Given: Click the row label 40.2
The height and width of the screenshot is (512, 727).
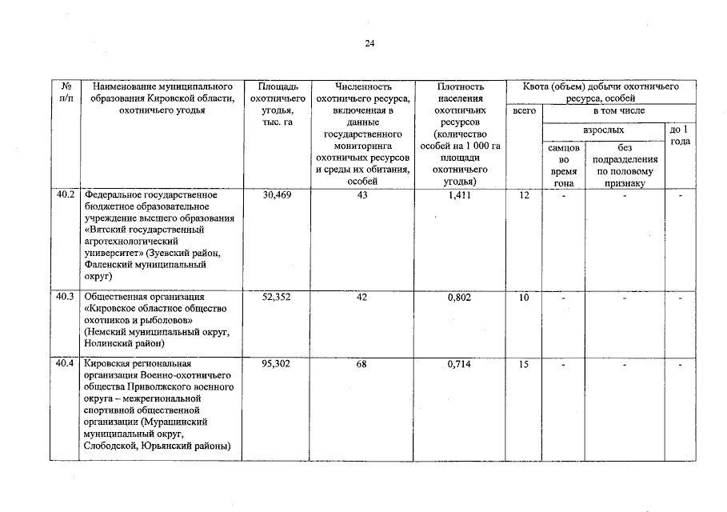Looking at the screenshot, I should pos(65,194).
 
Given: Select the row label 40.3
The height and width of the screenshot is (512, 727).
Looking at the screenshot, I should pos(65,298).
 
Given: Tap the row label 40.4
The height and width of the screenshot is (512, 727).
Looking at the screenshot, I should pos(65,364).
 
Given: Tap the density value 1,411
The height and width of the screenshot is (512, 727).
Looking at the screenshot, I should pos(460,194).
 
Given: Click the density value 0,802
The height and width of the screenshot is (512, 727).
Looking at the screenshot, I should pos(460,298).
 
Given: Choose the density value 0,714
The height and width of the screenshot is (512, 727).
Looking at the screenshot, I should pos(460,364).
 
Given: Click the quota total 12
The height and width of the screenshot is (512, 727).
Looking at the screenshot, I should pos(524,194).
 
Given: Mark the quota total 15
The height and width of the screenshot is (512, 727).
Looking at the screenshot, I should pos(524,364).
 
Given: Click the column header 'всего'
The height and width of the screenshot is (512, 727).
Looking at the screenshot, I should pos(524,110).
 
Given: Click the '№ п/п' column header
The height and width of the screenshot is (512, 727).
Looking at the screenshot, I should pos(65,92).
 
